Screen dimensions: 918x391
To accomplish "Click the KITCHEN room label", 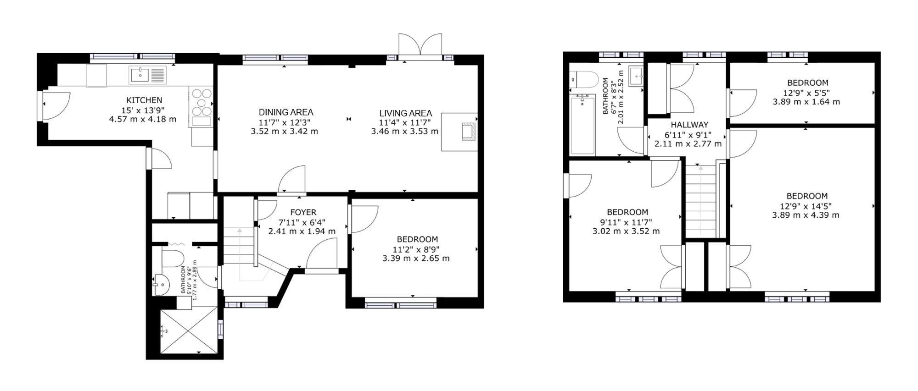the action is point(144,100).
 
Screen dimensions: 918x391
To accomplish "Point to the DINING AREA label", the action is point(286,112).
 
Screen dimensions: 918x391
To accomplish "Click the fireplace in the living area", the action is point(459,132).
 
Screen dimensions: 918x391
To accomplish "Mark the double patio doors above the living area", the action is point(420,46).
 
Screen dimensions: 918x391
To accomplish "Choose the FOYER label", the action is point(303,212).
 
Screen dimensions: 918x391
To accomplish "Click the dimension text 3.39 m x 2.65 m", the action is point(416,259).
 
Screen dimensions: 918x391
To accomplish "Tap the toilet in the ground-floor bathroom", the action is point(173,258).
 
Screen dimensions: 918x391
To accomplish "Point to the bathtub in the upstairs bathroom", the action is point(582,124).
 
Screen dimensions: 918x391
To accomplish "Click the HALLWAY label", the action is point(689,125).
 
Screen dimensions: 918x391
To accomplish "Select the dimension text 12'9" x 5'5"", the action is point(807,93).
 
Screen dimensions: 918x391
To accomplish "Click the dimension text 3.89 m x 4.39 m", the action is point(806,215).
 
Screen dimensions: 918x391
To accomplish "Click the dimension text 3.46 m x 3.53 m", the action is point(405,132).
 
